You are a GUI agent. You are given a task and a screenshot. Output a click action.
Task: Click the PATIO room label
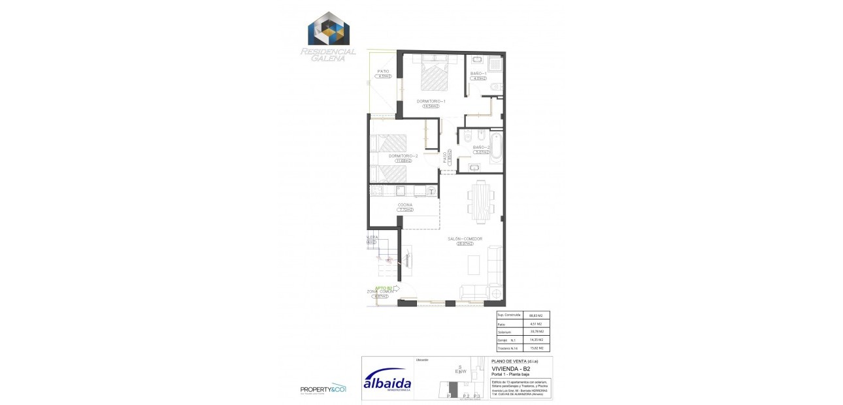tap(383, 71)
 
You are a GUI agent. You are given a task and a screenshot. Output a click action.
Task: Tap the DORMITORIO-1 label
tap(431, 101)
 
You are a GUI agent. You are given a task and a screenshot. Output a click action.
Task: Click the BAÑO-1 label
tap(479, 73)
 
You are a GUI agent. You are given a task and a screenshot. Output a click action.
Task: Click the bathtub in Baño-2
tap(496, 148)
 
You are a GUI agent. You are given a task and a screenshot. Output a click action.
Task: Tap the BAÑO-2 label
tap(482, 147)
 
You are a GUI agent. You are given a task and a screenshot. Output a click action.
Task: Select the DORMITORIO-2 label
tap(403, 156)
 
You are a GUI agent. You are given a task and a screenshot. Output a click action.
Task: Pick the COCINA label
tap(405, 204)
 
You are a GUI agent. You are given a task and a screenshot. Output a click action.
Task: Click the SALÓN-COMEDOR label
tap(465, 239)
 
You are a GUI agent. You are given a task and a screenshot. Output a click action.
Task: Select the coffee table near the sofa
tap(476, 264)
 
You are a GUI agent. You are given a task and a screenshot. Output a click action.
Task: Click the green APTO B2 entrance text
tap(384, 287)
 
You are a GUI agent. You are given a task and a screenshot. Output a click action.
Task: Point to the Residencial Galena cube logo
tap(329, 29)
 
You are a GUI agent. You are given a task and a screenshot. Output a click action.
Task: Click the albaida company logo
tap(387, 382)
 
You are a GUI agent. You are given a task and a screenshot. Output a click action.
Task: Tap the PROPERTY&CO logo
tap(323, 389)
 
